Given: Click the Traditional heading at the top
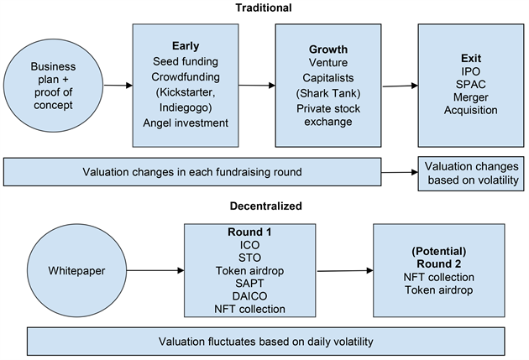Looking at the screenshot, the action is (x=264, y=8).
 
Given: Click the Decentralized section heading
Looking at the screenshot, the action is (x=266, y=206).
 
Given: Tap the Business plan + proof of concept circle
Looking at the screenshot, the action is (x=53, y=86).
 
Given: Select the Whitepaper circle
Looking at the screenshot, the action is (x=76, y=270).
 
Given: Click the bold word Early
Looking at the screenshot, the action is (x=186, y=46).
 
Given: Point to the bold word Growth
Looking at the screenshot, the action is (x=328, y=50).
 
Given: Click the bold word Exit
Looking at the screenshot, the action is (x=471, y=58).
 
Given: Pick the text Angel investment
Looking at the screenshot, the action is (x=186, y=123).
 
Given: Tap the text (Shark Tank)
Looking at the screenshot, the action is (x=328, y=93).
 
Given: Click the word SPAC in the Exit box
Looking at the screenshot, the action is (x=471, y=84).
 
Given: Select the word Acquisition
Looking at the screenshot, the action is (x=470, y=110).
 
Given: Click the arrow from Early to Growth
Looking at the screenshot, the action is (x=257, y=86).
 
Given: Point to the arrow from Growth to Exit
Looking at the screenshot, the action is (x=401, y=86).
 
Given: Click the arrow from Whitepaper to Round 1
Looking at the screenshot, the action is (x=155, y=270).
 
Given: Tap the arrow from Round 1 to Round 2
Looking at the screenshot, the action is (x=345, y=271).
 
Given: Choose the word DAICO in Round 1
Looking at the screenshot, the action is (x=249, y=296).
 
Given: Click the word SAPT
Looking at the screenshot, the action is (x=249, y=283).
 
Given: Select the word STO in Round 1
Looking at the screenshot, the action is (x=249, y=258).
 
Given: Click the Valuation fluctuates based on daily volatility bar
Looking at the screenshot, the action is (x=266, y=342).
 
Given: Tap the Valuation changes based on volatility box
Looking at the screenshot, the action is (x=471, y=174).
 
